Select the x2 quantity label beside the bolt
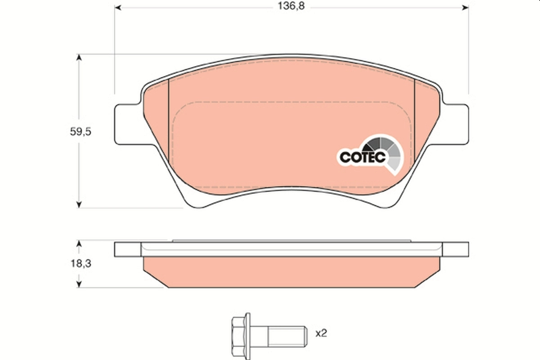tap(321, 333)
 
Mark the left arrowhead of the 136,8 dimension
tap(118, 8)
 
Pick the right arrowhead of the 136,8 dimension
tap(465, 8)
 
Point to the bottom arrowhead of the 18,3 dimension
tap(79, 284)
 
